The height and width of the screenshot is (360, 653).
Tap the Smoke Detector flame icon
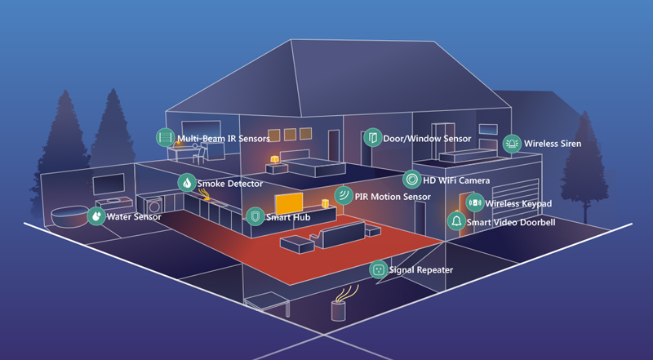click(x=187, y=183)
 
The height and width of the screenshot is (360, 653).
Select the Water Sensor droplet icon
click(x=96, y=216)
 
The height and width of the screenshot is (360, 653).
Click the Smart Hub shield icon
click(x=255, y=216)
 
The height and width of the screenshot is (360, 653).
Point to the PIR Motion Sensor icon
click(x=344, y=195)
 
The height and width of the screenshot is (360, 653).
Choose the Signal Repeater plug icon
click(x=378, y=269)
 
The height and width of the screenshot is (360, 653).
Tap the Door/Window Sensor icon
click(x=372, y=137)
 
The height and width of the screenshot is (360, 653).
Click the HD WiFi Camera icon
click(x=412, y=180)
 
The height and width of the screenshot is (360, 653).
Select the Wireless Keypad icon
click(x=475, y=202)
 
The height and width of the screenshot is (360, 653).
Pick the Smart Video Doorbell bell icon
click(x=456, y=221)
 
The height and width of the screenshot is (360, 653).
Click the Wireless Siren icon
click(x=512, y=144)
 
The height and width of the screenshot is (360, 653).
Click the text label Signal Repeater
click(x=420, y=269)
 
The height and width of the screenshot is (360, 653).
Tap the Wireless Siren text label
click(x=552, y=144)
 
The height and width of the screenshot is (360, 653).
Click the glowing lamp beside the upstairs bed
click(x=275, y=158)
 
